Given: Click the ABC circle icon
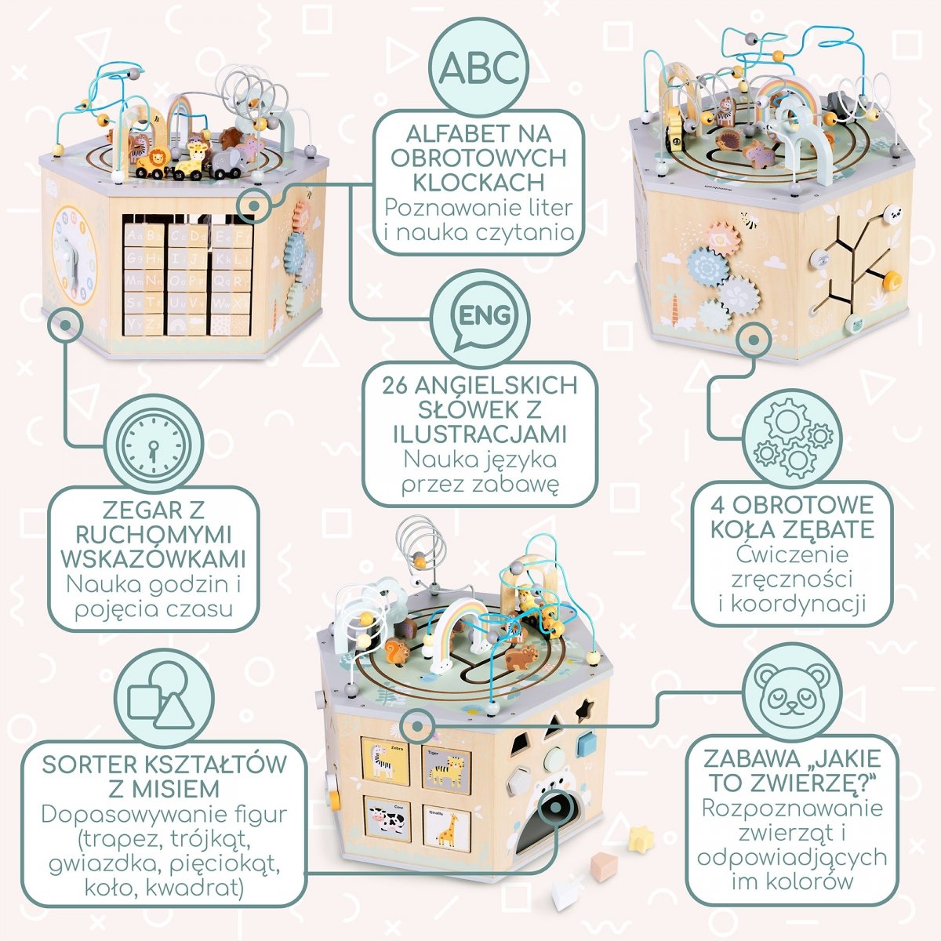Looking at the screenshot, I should click(x=478, y=67).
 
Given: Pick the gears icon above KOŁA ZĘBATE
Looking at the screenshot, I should click(x=792, y=441).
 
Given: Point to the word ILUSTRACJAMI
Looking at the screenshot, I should click(x=479, y=434).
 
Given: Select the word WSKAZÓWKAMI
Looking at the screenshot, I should click(x=154, y=559).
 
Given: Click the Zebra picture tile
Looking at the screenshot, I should click(x=385, y=760).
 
